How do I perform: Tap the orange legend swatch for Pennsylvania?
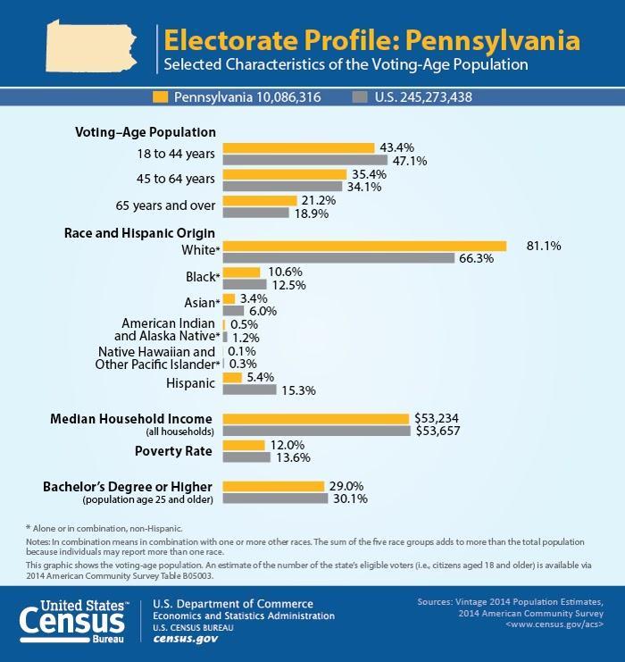[162, 96]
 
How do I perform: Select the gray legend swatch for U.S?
[361, 96]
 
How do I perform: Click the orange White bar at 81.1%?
[364, 246]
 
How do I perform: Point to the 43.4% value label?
[397, 147]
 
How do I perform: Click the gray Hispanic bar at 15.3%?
[249, 390]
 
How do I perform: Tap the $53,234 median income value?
[441, 417]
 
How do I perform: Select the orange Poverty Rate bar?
[244, 445]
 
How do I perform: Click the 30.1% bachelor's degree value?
[351, 499]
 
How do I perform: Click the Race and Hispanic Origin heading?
[139, 233]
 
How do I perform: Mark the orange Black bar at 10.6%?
[241, 272]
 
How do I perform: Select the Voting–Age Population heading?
[145, 132]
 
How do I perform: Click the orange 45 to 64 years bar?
[284, 174]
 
